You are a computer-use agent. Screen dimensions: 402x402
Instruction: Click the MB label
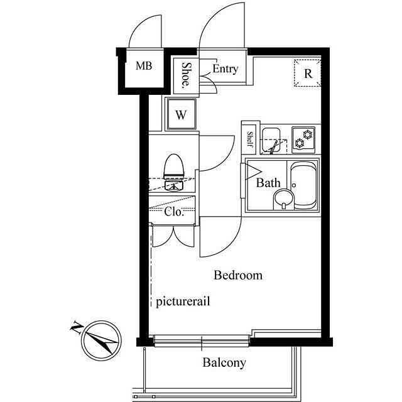pyautogui.click(x=144, y=66)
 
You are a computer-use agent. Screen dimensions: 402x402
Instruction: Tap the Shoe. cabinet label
pyautogui.click(x=187, y=75)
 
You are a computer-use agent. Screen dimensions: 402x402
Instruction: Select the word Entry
pyautogui.click(x=225, y=68)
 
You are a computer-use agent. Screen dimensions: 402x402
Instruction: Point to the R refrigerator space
pyautogui.click(x=307, y=73)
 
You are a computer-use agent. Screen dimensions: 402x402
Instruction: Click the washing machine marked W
pyautogui.click(x=182, y=114)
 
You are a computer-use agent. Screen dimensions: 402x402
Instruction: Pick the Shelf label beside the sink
pyautogui.click(x=250, y=139)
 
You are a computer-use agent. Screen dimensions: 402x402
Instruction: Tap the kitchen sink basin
pyautogui.click(x=271, y=139)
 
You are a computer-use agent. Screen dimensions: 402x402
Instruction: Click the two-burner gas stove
pyautogui.click(x=303, y=139)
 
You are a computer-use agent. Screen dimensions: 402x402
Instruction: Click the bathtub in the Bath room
pyautogui.click(x=304, y=185)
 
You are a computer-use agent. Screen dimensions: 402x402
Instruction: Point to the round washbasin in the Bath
pyautogui.click(x=283, y=199)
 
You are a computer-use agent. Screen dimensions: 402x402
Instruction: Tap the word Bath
pyautogui.click(x=268, y=183)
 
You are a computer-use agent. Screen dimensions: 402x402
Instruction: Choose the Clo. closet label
pyautogui.click(x=174, y=212)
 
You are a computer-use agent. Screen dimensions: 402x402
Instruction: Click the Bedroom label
pyautogui.click(x=238, y=275)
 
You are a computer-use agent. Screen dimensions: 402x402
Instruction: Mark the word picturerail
pyautogui.click(x=183, y=301)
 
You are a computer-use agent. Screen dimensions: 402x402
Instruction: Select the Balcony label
pyautogui.click(x=224, y=363)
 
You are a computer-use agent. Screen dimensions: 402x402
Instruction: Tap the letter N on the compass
pyautogui.click(x=77, y=327)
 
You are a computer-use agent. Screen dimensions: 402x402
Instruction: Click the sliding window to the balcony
pyautogui.click(x=202, y=341)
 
